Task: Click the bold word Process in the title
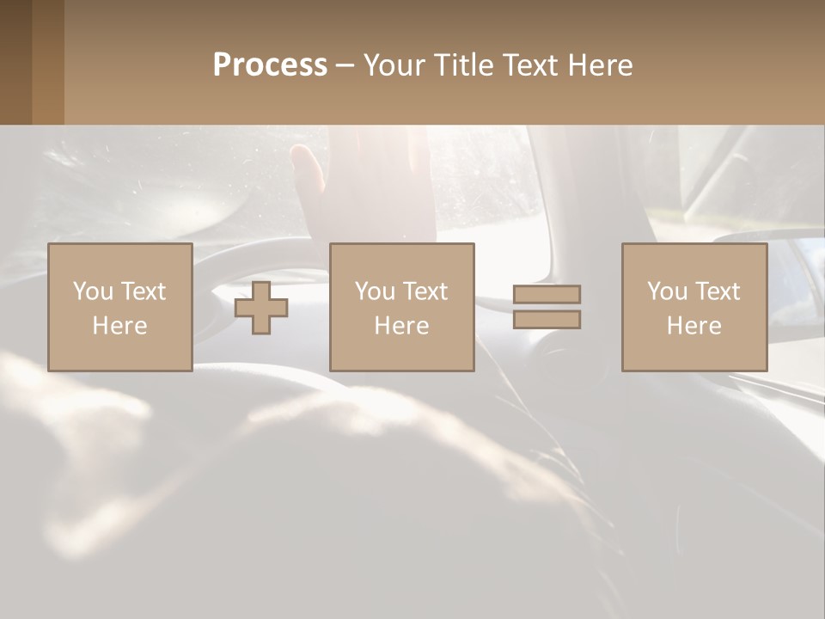click(270, 65)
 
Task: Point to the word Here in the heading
click(600, 65)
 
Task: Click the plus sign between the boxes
click(261, 308)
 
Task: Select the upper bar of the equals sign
click(547, 295)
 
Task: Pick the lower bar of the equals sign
click(547, 319)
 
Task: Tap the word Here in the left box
click(119, 326)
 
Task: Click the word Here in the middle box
click(401, 326)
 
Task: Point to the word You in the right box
click(667, 291)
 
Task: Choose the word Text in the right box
click(716, 291)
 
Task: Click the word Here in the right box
click(694, 326)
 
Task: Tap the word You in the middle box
click(375, 291)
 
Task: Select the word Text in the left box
click(142, 291)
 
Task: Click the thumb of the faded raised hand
click(306, 168)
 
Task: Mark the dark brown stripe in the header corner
click(15, 62)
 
